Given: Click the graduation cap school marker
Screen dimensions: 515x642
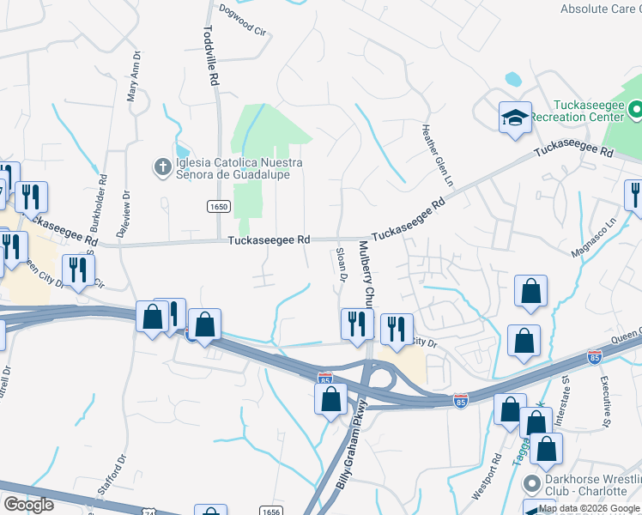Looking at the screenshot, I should point(515,118).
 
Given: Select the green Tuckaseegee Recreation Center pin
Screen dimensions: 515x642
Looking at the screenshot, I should point(636,110).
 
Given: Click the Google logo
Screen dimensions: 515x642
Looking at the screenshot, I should point(29,504).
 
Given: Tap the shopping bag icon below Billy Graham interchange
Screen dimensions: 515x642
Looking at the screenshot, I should point(330,398).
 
